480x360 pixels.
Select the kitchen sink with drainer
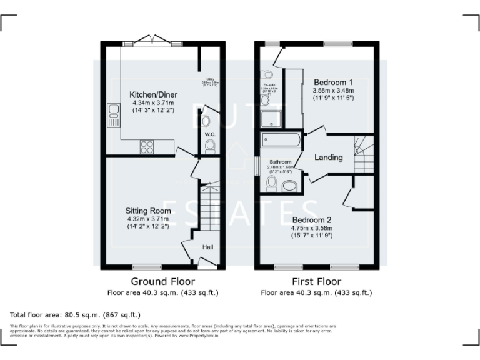[114, 115]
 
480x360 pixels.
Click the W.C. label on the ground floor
[210, 134]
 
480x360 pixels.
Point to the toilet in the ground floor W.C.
[210, 146]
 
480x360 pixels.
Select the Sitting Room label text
[148, 211]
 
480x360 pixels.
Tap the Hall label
[208, 247]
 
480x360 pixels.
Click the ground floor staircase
[210, 206]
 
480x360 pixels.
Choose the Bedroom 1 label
[333, 82]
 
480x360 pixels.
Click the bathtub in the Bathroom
[281, 140]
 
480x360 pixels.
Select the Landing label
[328, 157]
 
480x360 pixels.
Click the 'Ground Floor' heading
[162, 281]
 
